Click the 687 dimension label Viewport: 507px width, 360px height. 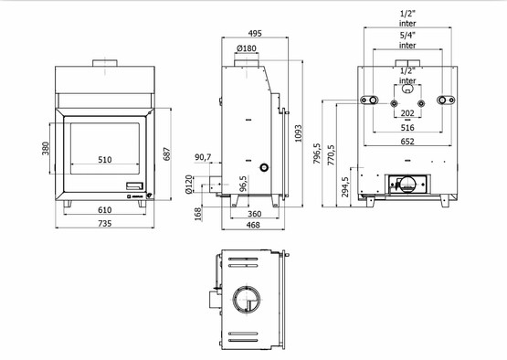(x=167, y=154)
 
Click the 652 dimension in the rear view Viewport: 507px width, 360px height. (x=407, y=141)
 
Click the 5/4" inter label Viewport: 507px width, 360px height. (x=407, y=38)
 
